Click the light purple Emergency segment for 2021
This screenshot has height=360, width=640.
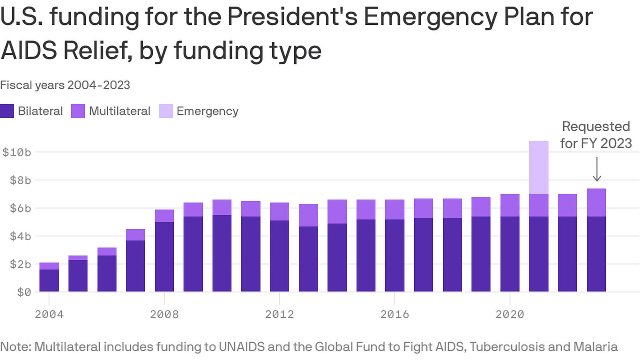[539, 167]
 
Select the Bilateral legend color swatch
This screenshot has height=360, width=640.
[7, 111]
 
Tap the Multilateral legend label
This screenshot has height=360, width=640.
[119, 111]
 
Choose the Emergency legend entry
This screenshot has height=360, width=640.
[207, 111]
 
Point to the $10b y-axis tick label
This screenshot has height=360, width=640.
[17, 152]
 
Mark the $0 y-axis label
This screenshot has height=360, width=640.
[23, 292]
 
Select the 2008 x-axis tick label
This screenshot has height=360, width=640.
[164, 314]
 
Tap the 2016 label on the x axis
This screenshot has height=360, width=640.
[395, 314]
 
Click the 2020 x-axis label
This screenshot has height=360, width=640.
[510, 314]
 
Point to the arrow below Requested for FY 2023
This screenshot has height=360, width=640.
[596, 169]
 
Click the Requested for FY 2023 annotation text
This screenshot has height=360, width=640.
[596, 135]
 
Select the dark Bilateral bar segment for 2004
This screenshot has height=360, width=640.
[49, 280]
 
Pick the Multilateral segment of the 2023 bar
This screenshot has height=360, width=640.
[596, 202]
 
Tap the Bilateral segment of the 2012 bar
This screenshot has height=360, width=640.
[279, 256]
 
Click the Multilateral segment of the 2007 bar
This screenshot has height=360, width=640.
[135, 234]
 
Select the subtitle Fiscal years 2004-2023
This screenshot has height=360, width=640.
[65, 85]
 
